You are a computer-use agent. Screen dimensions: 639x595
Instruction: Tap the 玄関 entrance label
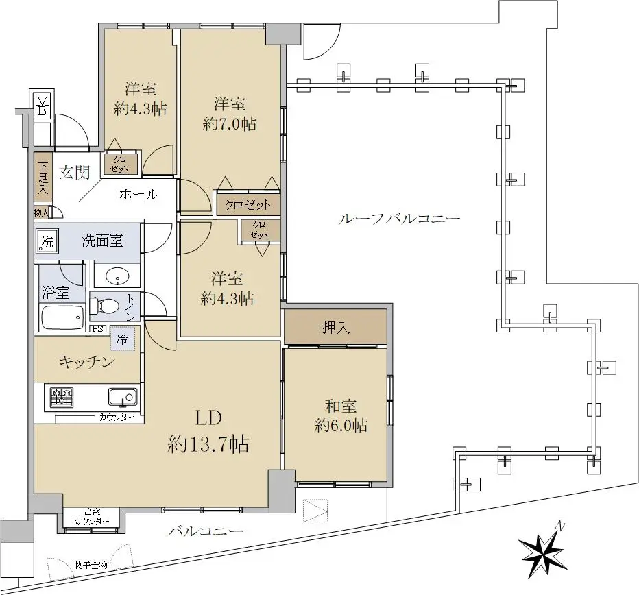74,172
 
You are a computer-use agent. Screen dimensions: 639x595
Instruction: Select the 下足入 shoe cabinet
43,177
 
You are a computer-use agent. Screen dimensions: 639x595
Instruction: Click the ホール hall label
139,194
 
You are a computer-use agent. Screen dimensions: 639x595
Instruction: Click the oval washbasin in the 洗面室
117,278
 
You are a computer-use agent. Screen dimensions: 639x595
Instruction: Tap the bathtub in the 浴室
63,318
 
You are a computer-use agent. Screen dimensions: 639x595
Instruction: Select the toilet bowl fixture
104,305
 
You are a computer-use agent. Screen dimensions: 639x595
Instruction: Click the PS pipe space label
98,329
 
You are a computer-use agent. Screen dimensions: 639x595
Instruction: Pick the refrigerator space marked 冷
122,339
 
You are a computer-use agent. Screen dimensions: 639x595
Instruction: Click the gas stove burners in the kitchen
62,397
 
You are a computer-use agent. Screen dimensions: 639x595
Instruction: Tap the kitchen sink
123,397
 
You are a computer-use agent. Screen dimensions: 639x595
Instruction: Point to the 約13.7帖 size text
208,444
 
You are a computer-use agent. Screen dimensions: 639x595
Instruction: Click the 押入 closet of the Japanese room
335,327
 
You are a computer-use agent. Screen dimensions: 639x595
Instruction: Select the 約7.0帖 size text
230,123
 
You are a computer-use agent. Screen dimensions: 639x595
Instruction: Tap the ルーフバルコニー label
399,219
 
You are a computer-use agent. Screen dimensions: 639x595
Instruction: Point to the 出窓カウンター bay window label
92,517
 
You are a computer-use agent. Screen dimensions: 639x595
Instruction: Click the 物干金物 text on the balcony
91,565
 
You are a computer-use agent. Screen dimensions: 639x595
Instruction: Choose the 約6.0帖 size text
341,426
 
